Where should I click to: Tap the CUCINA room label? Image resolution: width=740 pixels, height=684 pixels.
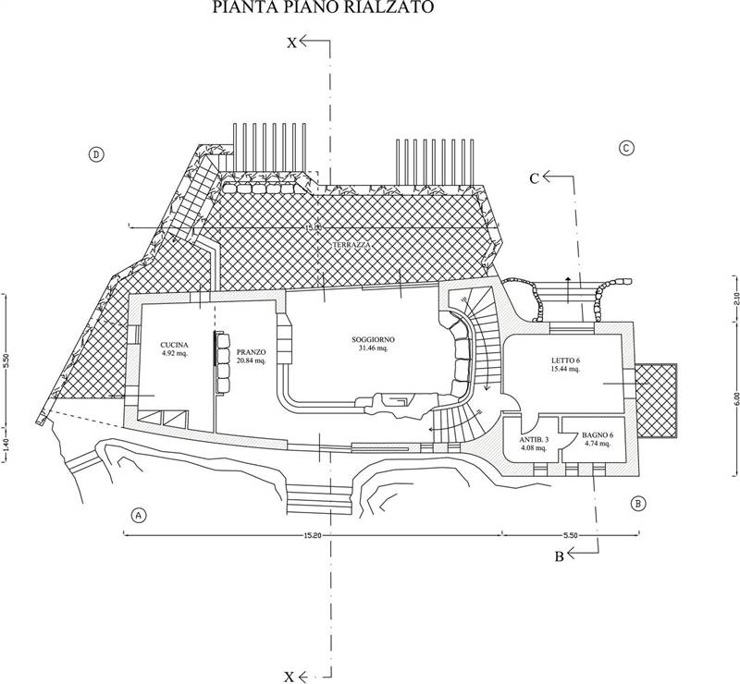point(173,347)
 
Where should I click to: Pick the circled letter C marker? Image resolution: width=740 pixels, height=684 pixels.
point(626,148)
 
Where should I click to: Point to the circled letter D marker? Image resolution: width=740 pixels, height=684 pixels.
point(95,153)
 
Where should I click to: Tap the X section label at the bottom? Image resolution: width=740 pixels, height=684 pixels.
point(290,677)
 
